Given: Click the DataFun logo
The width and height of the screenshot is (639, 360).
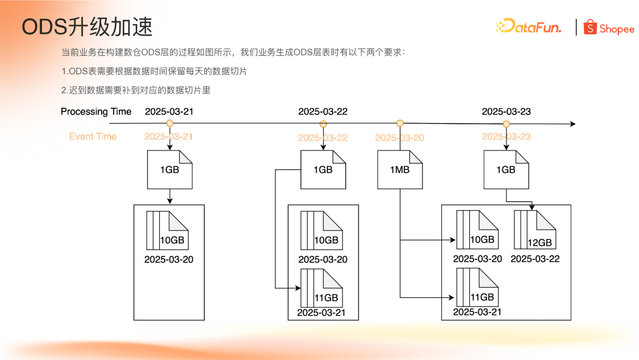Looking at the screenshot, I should click(528, 27).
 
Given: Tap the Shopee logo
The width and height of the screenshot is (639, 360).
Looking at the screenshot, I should click(609, 28).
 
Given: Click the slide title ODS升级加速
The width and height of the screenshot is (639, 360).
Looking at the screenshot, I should click(87, 27).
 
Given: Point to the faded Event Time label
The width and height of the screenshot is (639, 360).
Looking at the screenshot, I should click(93, 136).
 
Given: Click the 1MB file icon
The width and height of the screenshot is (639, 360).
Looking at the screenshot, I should click(400, 169).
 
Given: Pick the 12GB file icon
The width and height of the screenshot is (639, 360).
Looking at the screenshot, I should click(535, 229).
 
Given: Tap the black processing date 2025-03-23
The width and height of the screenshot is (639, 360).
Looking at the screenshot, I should click(506, 111).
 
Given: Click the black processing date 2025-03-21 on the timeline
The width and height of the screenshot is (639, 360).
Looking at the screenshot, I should click(169, 111).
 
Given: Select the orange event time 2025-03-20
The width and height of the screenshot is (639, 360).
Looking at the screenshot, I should click(399, 137).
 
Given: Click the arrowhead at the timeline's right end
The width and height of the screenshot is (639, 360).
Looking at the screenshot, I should click(572, 124).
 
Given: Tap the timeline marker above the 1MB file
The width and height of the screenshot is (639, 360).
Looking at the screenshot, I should click(400, 123).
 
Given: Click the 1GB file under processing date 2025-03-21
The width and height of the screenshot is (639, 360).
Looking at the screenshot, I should click(170, 169).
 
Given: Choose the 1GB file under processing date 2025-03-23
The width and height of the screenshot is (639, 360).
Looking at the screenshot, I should click(506, 169).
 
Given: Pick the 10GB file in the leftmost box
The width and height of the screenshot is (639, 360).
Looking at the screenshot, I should click(167, 230).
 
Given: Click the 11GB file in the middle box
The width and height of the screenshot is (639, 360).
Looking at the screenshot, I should click(322, 287).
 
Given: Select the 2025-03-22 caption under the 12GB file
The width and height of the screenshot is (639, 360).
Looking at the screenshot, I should click(535, 259).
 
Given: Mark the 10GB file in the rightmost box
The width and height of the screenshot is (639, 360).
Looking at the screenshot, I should click(477, 230).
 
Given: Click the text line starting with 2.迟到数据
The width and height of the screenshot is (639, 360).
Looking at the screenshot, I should click(136, 90).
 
